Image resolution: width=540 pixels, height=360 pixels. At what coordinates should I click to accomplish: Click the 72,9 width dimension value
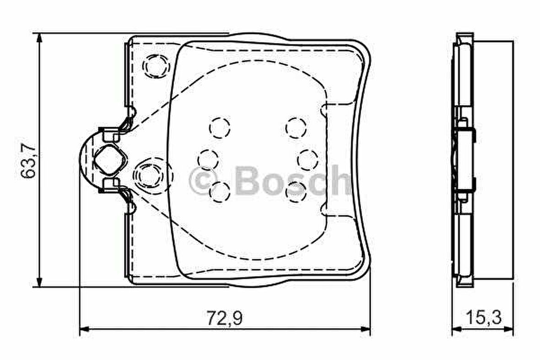(224, 317)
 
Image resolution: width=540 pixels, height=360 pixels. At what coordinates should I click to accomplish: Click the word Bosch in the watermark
(293, 180)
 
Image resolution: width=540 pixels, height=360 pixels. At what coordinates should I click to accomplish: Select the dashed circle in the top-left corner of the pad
(155, 65)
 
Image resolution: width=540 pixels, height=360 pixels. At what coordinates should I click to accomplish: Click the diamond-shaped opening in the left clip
(109, 159)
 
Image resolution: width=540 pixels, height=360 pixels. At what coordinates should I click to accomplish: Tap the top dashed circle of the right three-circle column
(296, 127)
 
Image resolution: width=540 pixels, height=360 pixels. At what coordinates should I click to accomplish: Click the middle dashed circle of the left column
(208, 159)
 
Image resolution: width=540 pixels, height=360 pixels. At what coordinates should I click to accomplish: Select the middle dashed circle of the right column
(307, 159)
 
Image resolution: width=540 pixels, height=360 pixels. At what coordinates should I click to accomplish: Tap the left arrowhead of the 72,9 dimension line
(85, 328)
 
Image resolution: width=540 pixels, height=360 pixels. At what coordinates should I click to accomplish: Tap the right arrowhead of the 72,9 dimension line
(366, 328)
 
